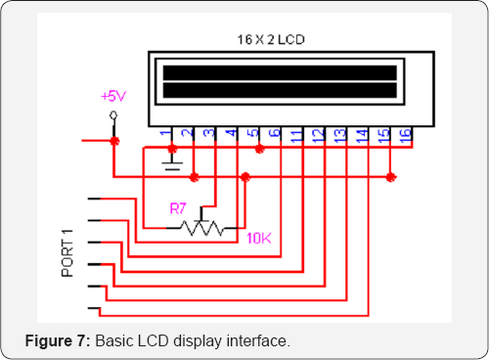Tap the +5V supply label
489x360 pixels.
coord(114,97)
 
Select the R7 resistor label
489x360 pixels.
coord(177,208)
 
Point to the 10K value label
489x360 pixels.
coord(259,238)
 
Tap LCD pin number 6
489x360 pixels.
coord(275,133)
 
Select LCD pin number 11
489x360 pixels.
coord(295,133)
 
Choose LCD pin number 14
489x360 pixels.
coord(362,133)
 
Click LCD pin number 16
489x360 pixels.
coord(405,133)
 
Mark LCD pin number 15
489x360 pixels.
coord(383,133)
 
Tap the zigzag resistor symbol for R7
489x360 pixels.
coord(201,228)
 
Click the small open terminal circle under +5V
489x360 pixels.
coord(114,116)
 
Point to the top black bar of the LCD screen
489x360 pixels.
coord(281,72)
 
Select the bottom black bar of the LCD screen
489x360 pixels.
coord(281,91)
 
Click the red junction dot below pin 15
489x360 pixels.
coord(391,177)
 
